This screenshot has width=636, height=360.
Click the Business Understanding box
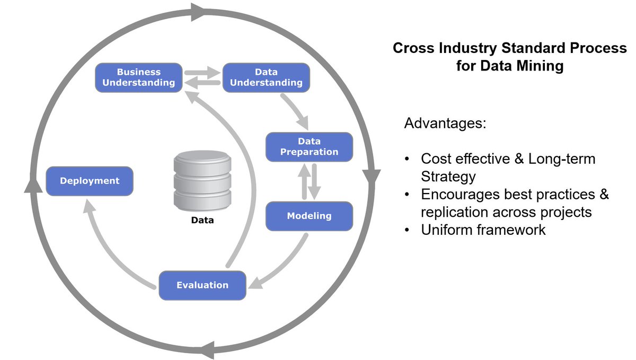click(138, 77)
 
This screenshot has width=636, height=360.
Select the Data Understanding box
click(266, 77)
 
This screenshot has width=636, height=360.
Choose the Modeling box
click(309, 216)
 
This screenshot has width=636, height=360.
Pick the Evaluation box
click(202, 285)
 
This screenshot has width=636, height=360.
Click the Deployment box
click(90, 181)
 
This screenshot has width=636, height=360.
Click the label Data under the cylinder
click(202, 219)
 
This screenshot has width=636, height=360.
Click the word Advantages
click(445, 125)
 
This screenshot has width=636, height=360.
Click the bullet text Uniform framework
click(483, 230)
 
